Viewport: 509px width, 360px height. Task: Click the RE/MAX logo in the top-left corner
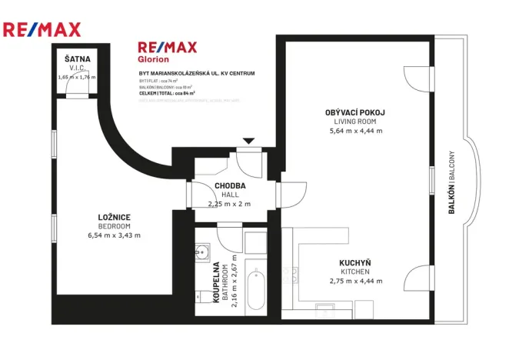click(42, 30)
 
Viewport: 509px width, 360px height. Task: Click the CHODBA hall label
click(229, 186)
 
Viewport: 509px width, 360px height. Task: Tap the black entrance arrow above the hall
click(248, 142)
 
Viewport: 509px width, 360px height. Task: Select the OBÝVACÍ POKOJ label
click(354, 112)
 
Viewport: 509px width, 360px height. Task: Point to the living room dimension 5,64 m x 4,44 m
click(354, 131)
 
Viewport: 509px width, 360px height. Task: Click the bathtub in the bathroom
click(256, 292)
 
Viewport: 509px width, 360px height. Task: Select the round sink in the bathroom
click(204, 252)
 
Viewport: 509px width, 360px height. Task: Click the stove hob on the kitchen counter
click(291, 275)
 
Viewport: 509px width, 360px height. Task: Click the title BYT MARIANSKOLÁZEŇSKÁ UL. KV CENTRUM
click(197, 73)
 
